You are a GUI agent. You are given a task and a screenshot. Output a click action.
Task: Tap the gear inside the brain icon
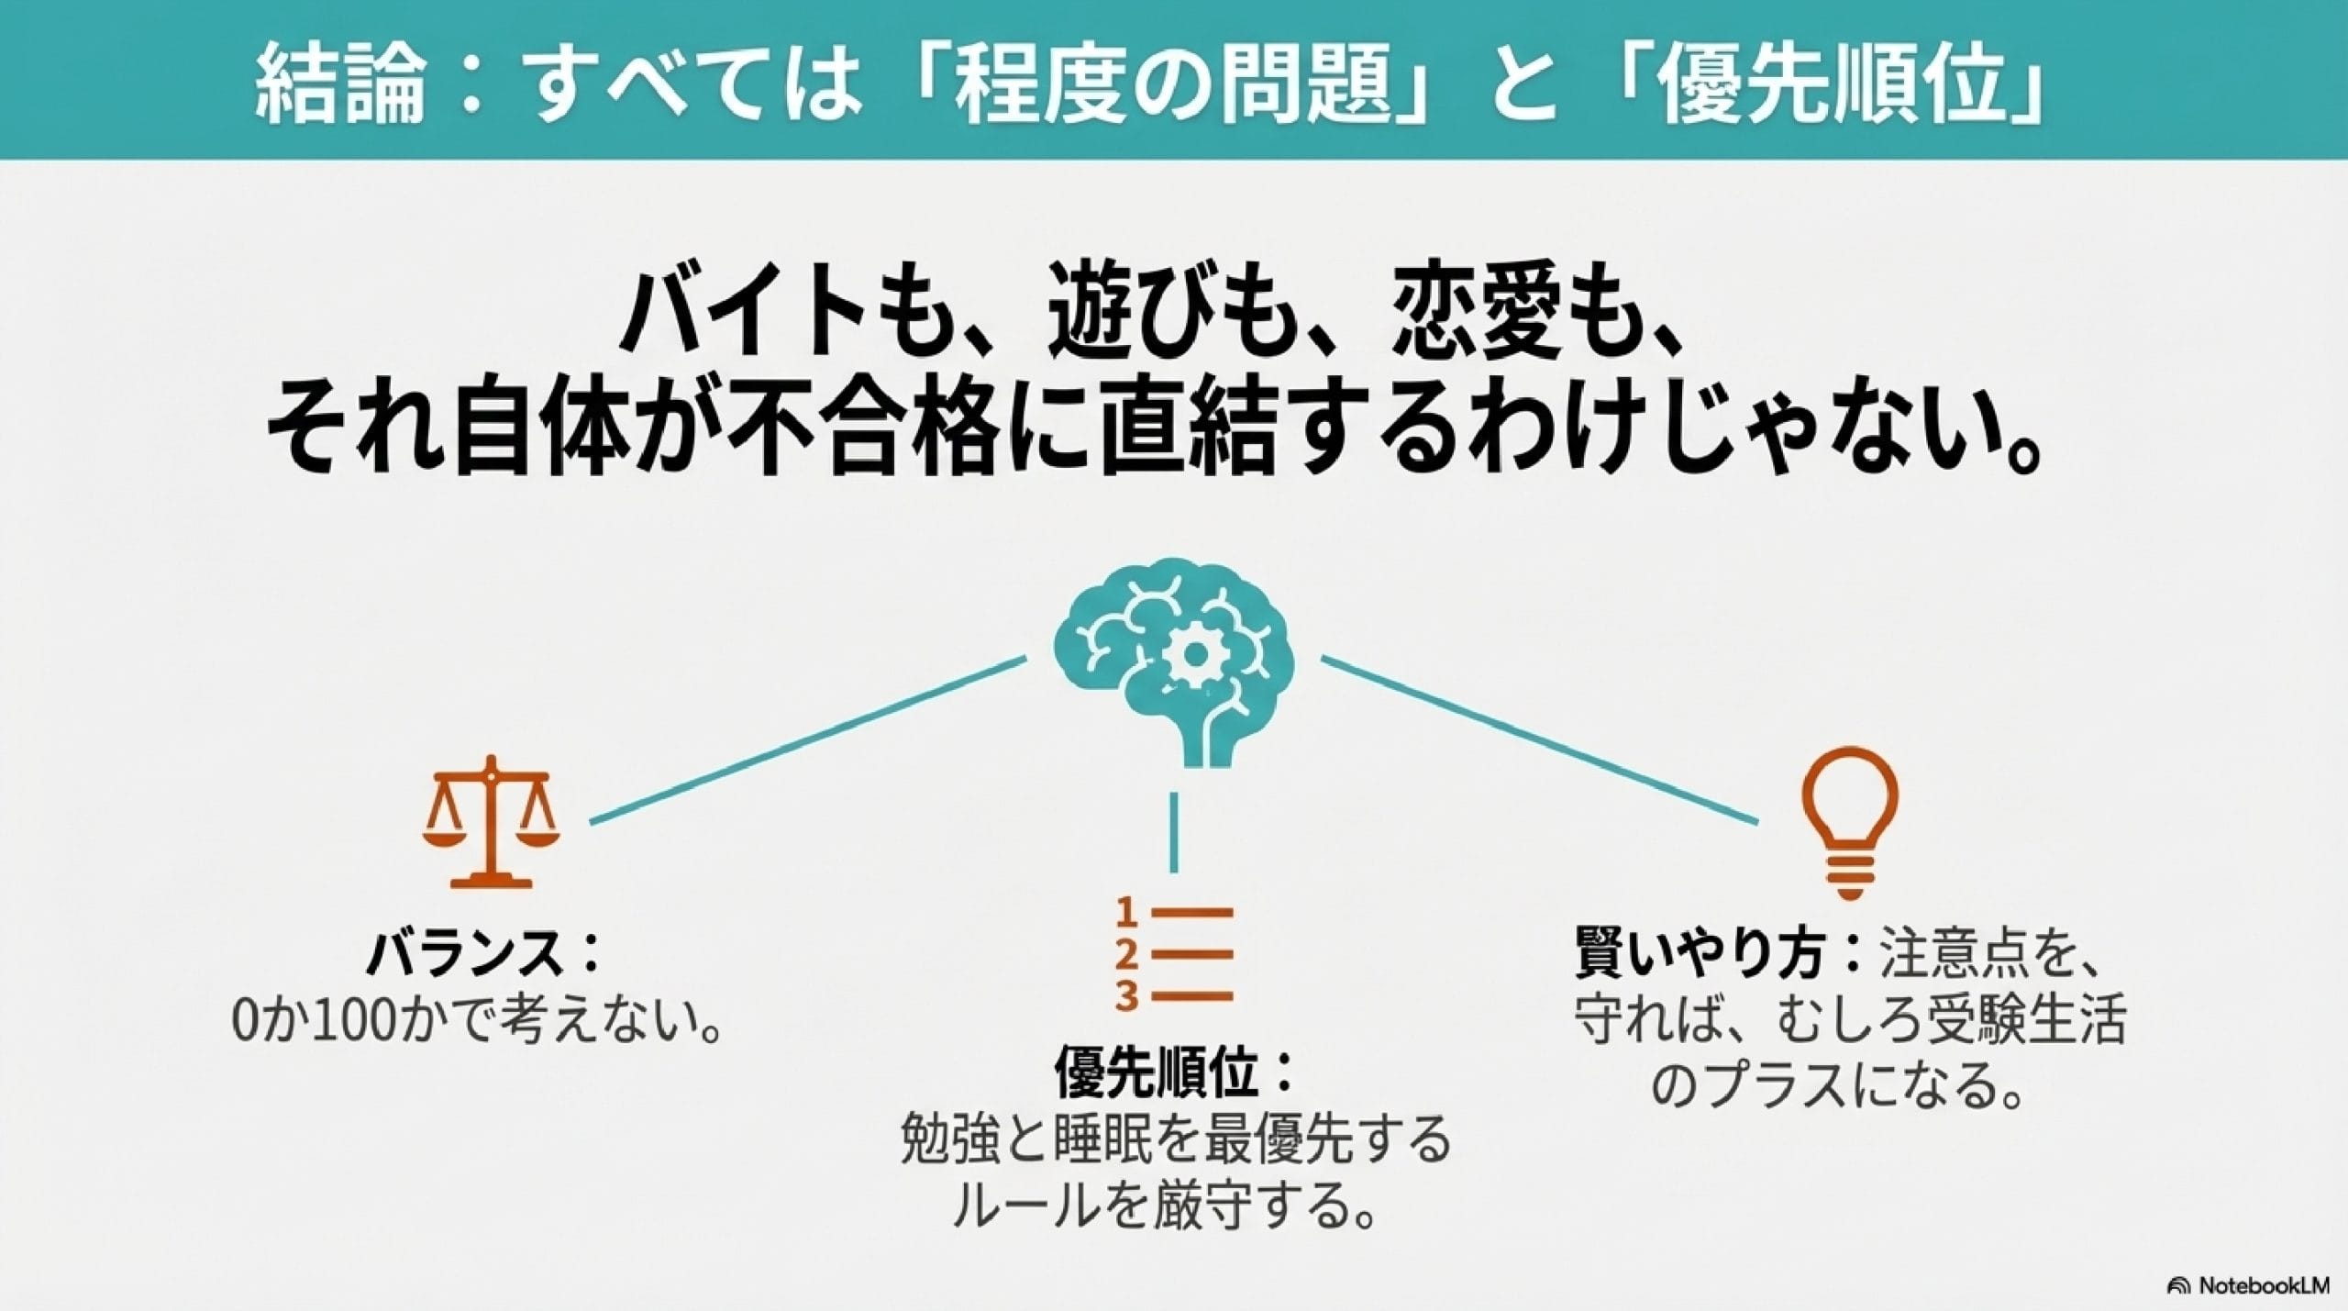1193,654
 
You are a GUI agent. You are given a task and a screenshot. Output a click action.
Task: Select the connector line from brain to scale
807,739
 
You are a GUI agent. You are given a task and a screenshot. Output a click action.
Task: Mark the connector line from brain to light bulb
1541,739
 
